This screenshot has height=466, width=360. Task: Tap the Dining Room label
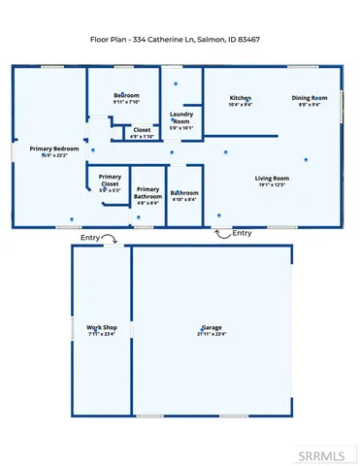coord(311,99)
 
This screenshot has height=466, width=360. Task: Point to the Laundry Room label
coord(181,117)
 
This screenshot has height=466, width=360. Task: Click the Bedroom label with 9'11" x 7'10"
coord(127,95)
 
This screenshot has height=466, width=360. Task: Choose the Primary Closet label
coord(109,180)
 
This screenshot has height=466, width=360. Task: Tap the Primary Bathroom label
coord(147,193)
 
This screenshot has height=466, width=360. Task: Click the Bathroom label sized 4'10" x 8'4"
coord(184,193)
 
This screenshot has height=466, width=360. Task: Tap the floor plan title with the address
coord(180,39)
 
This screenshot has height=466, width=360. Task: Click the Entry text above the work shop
coord(90,238)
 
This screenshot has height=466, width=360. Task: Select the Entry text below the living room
coord(243,233)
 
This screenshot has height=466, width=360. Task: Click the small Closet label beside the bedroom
coord(142,129)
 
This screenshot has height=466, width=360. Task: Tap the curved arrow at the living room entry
coord(222,233)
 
